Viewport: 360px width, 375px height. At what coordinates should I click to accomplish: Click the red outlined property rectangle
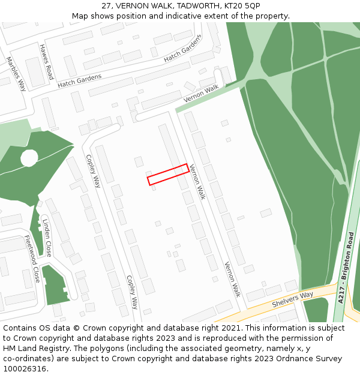168,174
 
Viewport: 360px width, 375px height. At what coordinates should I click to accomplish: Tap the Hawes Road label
46,61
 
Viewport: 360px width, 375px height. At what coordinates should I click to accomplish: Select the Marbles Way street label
16,73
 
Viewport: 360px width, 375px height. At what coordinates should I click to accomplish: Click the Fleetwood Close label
32,259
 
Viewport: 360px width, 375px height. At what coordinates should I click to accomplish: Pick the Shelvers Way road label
292,299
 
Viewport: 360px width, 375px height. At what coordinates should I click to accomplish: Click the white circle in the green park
29,158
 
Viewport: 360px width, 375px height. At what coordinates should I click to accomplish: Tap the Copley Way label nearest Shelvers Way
132,292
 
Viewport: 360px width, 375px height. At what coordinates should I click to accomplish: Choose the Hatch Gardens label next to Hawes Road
80,80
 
